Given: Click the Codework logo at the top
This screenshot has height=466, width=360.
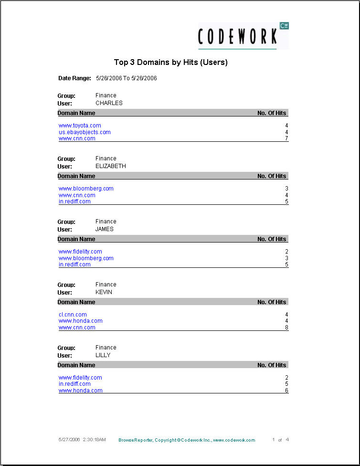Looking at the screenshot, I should [x=243, y=36].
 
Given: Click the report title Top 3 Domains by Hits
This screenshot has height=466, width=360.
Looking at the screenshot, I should [x=170, y=62].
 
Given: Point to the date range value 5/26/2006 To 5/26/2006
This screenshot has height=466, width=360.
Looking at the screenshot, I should [x=127, y=78].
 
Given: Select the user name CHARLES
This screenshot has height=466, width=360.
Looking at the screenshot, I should [x=109, y=103].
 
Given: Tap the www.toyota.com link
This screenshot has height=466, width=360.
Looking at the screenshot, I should [x=80, y=126].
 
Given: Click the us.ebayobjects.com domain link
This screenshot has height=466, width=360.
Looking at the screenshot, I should [x=85, y=132].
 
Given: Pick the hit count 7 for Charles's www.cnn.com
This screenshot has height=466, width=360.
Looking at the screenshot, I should [x=286, y=138].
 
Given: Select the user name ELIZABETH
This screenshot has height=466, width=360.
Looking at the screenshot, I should [x=111, y=166].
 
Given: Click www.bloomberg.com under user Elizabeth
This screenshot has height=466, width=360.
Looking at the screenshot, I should [x=86, y=189].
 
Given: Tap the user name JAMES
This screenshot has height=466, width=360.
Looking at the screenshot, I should [x=105, y=229].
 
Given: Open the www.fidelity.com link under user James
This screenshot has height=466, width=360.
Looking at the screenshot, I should [x=80, y=252].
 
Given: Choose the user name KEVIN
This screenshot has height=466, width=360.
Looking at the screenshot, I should [x=104, y=292].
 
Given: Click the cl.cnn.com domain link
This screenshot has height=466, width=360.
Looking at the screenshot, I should [x=73, y=315].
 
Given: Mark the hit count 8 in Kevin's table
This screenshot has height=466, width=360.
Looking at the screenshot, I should [x=286, y=328].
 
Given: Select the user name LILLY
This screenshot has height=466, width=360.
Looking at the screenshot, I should [x=103, y=355].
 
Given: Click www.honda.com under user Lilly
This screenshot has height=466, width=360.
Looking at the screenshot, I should [x=80, y=391].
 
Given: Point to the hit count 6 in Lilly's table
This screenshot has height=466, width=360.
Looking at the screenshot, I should [x=286, y=391].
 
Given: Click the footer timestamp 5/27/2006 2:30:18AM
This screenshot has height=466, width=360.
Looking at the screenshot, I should [x=82, y=439].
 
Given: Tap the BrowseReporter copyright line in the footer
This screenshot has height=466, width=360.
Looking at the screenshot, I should [x=187, y=440].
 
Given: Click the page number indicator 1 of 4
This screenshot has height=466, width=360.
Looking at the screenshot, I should [x=280, y=440].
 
